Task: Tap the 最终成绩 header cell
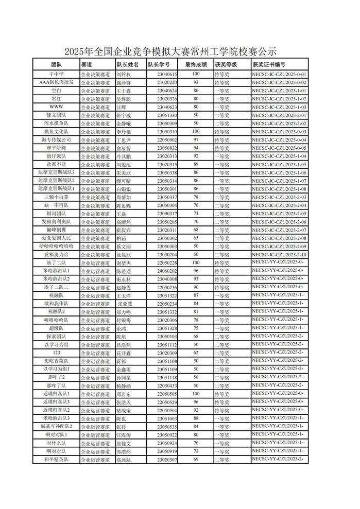coord(196,65)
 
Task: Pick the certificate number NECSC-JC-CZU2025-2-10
coord(280,254)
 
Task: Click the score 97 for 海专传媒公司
coord(196,140)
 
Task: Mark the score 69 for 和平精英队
coord(196,459)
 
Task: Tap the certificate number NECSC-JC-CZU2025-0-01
coord(280,74)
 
